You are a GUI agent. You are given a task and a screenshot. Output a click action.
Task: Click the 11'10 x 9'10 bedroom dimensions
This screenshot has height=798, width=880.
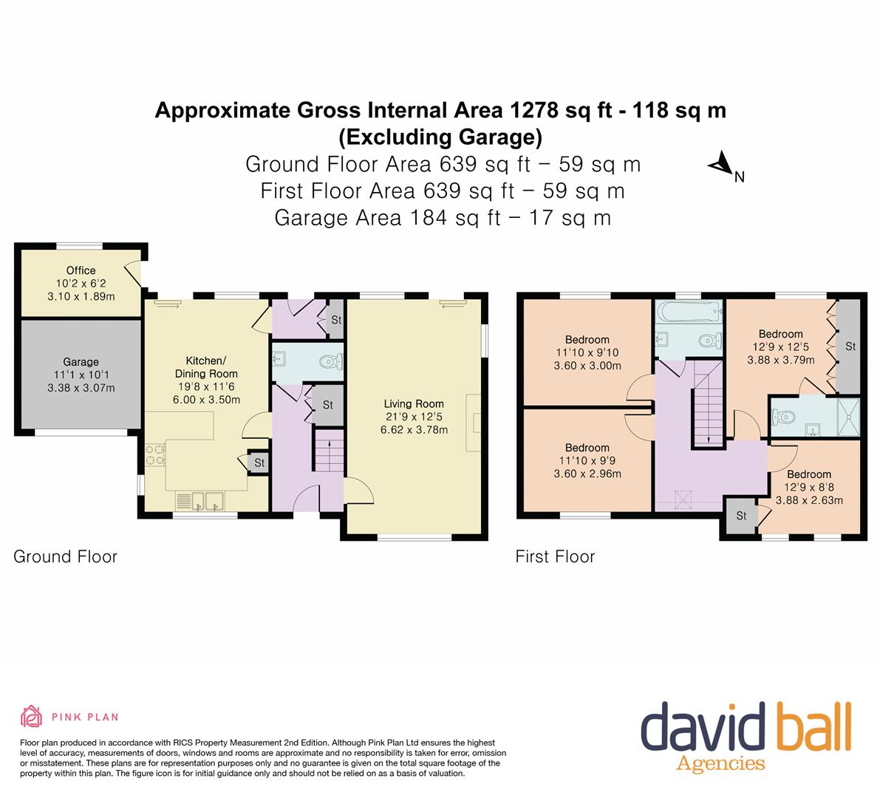587,353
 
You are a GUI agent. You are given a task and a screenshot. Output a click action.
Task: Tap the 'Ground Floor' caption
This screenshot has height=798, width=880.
65,556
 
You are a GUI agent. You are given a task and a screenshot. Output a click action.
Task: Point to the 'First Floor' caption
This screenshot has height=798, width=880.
554,556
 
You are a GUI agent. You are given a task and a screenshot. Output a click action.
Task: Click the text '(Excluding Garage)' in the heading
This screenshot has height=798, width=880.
440,137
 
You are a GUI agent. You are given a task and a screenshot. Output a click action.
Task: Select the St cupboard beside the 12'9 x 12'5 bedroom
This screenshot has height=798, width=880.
850,346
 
